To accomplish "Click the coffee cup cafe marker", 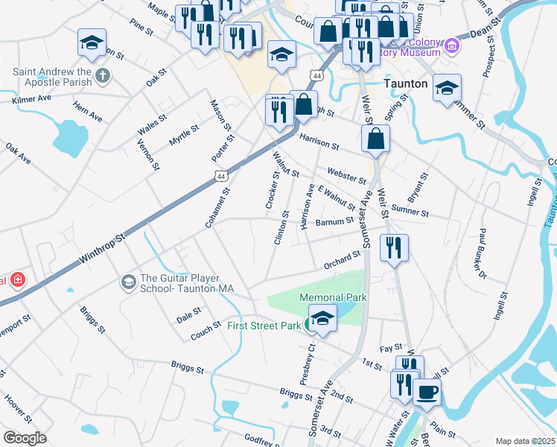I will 427,392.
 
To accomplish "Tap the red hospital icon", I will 16,281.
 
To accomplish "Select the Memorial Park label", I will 334,297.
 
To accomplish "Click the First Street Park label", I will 264,326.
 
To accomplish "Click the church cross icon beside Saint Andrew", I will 103,74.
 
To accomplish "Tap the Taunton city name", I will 406,84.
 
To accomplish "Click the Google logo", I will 25,438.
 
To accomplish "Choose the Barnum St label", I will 334,221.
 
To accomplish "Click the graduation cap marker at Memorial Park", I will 322,317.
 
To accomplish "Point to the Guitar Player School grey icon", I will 127,282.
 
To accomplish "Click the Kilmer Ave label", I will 31,98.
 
